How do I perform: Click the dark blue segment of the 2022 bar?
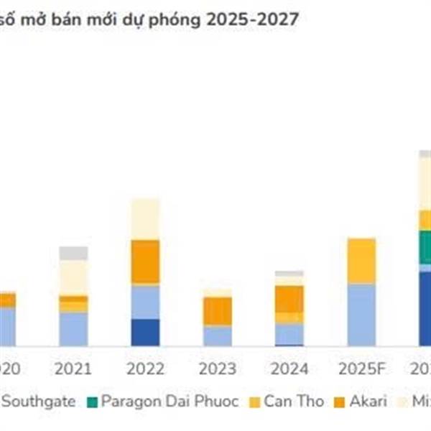click(x=145, y=332)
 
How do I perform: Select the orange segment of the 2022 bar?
click(x=145, y=262)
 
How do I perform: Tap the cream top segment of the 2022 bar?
click(x=145, y=219)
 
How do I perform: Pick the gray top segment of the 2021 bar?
click(x=73, y=253)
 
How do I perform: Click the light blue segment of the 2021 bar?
click(x=73, y=329)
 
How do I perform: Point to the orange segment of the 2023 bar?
click(x=217, y=311)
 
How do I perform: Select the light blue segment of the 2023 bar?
click(x=217, y=335)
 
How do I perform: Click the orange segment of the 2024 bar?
click(x=289, y=298)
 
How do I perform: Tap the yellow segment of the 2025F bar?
click(x=361, y=261)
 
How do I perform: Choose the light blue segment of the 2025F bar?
click(x=361, y=315)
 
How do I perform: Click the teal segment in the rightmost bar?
click(x=425, y=247)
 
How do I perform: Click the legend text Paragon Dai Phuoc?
click(x=170, y=401)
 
